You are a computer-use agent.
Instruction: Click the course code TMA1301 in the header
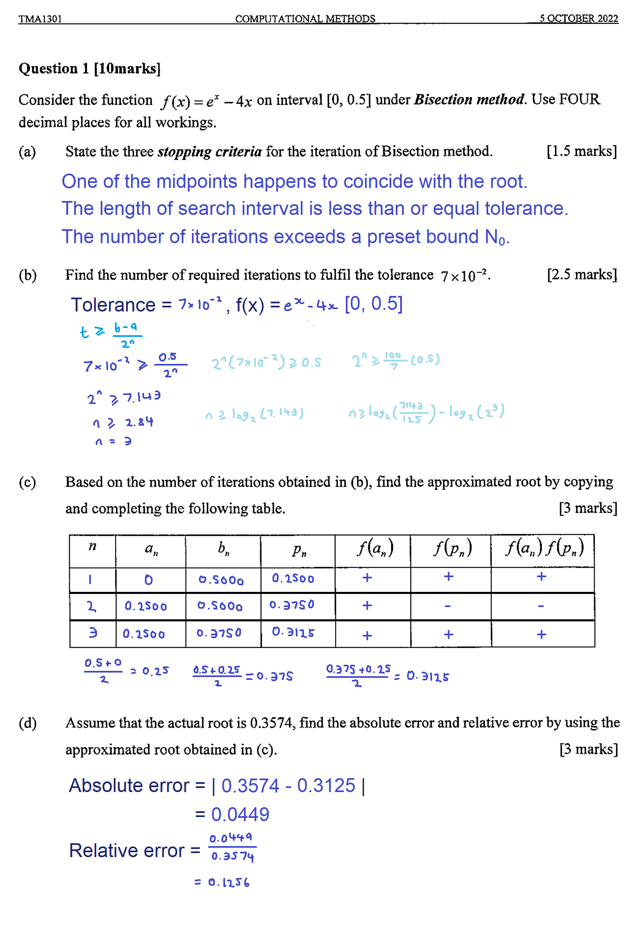point(40,18)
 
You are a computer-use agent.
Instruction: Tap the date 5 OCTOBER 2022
point(578,18)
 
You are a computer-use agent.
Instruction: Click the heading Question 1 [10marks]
point(90,68)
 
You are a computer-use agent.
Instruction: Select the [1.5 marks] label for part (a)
point(581,151)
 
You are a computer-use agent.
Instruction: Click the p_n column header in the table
point(299,550)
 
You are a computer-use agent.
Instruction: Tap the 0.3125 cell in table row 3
point(293,632)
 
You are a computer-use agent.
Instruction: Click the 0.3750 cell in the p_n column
point(292,605)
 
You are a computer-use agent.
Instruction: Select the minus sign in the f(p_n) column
point(448,606)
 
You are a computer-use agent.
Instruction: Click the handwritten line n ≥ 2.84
point(123,422)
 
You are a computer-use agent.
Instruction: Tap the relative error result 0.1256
point(222,882)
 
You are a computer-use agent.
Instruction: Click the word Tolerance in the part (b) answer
point(113,305)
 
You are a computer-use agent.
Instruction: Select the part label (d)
point(27,723)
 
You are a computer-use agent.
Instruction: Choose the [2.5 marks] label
point(581,274)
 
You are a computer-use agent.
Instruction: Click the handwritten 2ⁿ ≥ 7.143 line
point(124,397)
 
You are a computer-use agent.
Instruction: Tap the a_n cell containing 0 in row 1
point(149,580)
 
